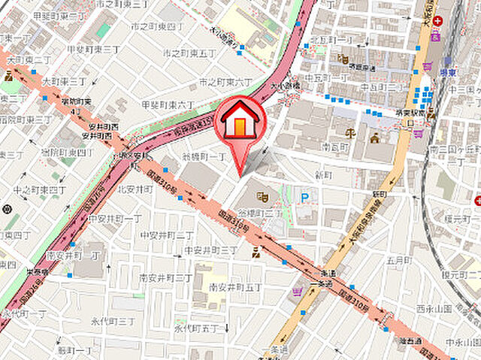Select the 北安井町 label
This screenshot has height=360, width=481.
click(135, 189)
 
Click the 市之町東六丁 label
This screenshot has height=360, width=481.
click(225, 81)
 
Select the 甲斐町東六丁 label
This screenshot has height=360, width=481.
click(167, 106)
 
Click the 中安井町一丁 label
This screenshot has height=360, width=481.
click(115, 219)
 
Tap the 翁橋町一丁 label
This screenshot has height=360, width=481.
click(204, 156)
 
